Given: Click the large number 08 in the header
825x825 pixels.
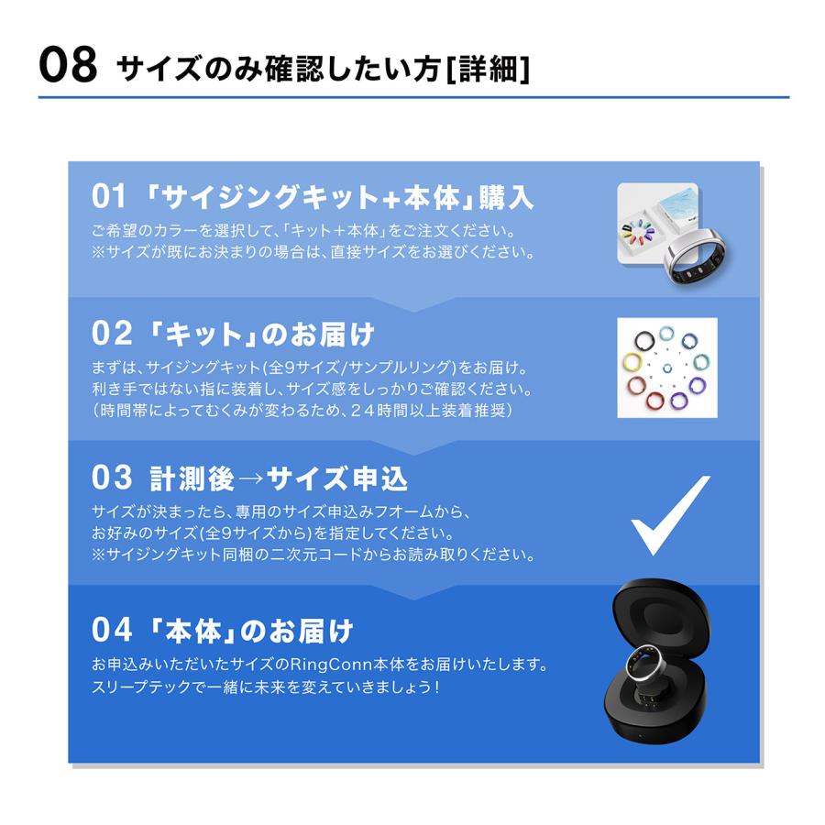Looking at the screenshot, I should point(68,66).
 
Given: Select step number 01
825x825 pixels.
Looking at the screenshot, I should point(107,196).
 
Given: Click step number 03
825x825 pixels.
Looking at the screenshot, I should point(109,478).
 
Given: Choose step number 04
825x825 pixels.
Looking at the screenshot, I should point(109,630).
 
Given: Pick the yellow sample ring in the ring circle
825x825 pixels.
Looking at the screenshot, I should point(631,359).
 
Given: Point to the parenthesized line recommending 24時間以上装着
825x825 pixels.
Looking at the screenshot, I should point(302,412).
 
